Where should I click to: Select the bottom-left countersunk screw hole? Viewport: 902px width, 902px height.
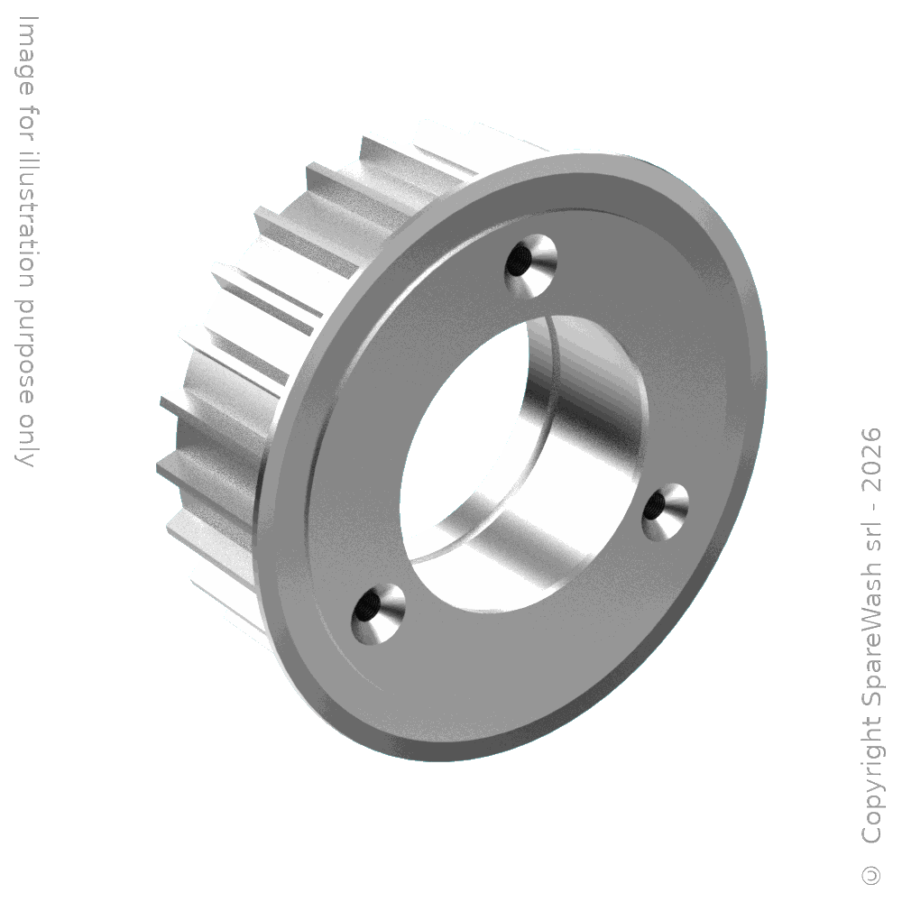pos(378,613)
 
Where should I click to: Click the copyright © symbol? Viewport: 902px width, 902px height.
pos(871,875)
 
